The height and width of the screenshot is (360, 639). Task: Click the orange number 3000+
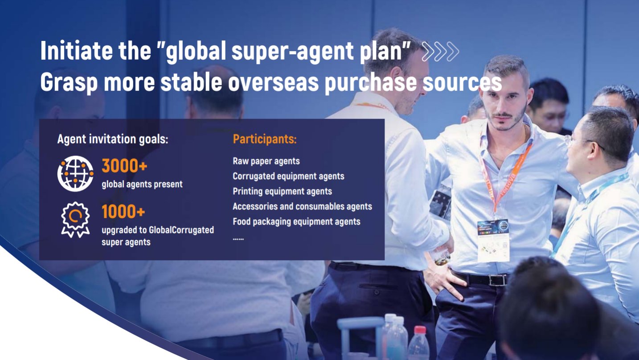124,166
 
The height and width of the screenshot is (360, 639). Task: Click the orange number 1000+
123,211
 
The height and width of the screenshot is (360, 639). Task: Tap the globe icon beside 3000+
75,173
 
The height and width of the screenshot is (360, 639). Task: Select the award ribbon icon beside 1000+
75,220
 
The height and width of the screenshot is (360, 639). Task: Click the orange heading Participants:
265,139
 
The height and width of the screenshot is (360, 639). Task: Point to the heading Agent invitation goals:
113,139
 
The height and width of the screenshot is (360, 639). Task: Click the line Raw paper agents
266,161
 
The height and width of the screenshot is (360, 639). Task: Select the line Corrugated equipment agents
288,176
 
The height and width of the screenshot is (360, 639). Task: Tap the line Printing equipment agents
283,192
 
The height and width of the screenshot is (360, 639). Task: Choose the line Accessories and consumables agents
303,206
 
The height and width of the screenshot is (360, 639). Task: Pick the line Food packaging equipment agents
296,221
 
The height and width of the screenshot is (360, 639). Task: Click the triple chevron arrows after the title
440,52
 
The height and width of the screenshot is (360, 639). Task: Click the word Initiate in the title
77,51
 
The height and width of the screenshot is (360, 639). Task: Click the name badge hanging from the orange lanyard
493,241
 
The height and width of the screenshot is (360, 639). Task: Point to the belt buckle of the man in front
497,279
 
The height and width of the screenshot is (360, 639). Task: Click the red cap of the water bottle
420,330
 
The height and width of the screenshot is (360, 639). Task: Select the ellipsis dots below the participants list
238,239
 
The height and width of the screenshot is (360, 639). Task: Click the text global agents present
142,184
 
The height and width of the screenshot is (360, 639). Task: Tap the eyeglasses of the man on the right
582,142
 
